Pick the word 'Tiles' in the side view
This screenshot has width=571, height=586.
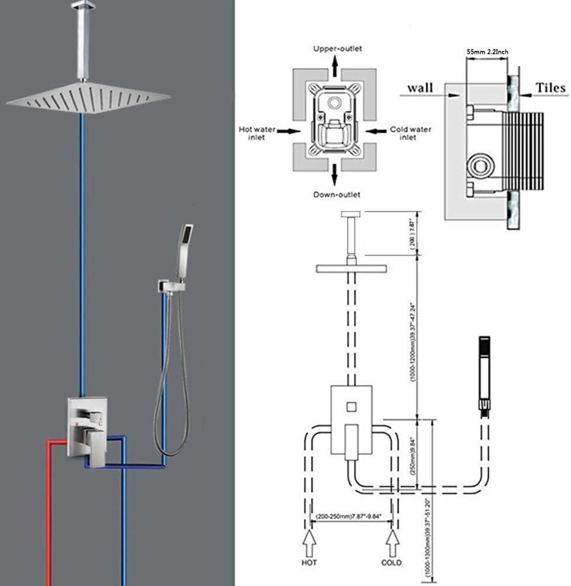tap(551, 88)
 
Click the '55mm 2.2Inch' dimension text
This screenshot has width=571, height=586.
tap(487, 52)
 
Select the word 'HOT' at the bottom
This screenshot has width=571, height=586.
tap(309, 563)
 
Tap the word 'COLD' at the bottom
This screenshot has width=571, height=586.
tap(391, 563)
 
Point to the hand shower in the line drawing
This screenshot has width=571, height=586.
tap(484, 375)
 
